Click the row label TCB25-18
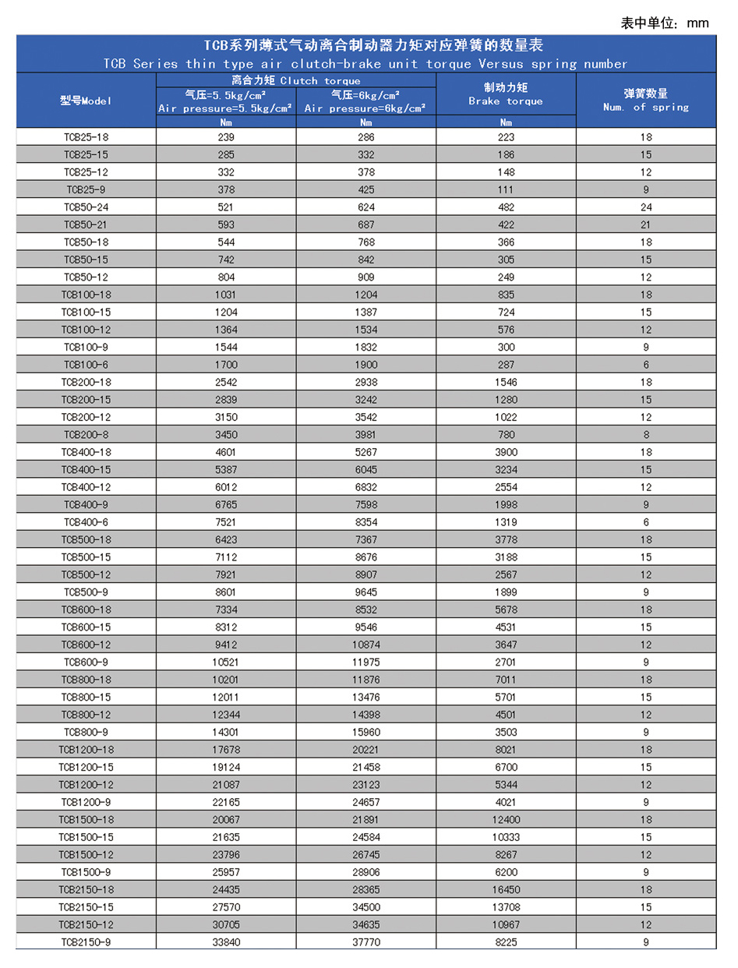[x=86, y=137]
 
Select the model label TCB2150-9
[x=86, y=941]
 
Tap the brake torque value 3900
[x=506, y=452]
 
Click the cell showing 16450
[x=506, y=889]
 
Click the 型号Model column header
[x=86, y=101]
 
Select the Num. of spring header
[x=645, y=101]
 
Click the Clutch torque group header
[x=295, y=80]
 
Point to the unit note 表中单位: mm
[x=664, y=23]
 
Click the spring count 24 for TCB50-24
[x=645, y=207]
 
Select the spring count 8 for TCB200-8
[x=645, y=434]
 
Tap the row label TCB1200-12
[x=86, y=783]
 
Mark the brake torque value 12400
[x=506, y=818]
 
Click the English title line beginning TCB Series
[x=365, y=63]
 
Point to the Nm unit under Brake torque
[x=506, y=122]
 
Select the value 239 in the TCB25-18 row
[x=226, y=137]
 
